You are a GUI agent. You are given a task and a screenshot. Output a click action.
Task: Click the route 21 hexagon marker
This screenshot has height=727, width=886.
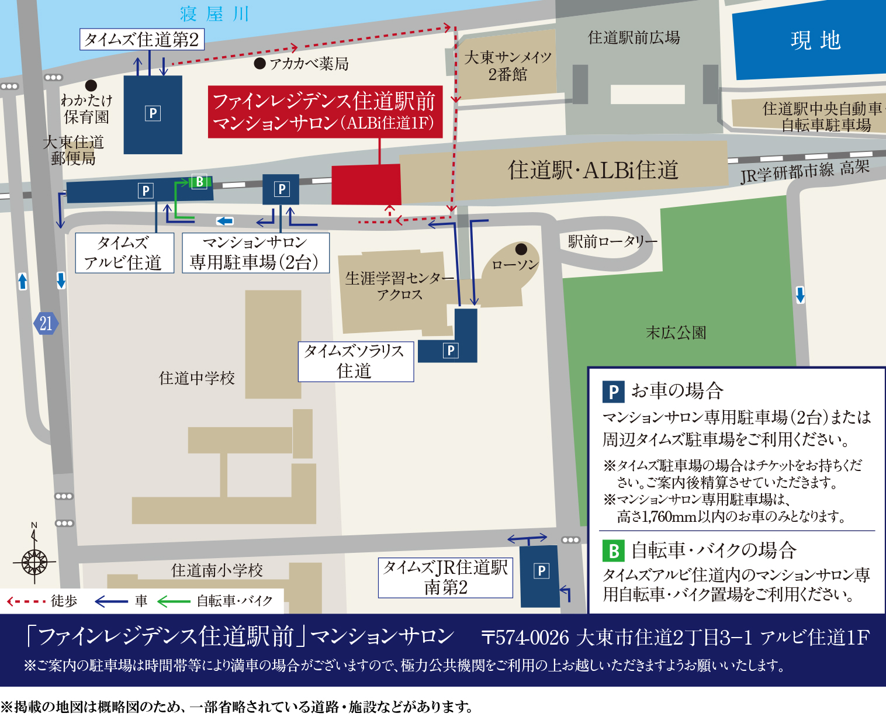point(46,323)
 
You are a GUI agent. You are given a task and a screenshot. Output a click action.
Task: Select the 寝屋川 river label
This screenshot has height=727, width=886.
point(214,14)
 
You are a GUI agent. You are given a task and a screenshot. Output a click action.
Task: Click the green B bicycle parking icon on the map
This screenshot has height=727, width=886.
point(199,182)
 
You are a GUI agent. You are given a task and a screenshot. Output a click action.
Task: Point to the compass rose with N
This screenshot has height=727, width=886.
point(34,562)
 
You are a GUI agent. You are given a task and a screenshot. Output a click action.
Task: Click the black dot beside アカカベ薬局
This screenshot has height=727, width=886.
point(260,63)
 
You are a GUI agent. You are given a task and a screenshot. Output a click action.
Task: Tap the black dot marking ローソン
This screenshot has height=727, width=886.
point(521,250)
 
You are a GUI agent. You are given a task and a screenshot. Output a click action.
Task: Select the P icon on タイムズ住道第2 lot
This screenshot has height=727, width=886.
point(153,113)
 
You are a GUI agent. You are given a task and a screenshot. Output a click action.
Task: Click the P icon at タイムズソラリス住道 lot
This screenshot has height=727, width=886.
point(451,351)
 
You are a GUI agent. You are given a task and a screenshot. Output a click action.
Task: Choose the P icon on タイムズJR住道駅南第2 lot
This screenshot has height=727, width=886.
point(542,571)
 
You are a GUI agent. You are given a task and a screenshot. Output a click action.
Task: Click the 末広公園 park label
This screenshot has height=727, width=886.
point(676,333)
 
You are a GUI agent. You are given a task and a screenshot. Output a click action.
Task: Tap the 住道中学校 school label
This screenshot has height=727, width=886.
point(197,378)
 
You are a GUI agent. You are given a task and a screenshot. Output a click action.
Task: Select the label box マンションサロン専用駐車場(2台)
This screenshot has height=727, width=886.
point(255,253)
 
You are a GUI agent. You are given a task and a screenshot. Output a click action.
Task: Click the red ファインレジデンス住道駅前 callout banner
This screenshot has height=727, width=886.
point(325,112)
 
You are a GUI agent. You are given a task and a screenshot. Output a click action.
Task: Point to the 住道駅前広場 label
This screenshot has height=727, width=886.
point(634,38)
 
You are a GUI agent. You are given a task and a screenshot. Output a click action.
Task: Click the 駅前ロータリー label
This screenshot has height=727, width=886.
point(612,241)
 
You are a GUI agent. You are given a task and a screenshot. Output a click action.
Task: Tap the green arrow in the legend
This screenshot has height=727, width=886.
point(174,601)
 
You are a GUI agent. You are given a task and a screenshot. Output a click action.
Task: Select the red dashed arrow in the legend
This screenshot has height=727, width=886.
point(26,601)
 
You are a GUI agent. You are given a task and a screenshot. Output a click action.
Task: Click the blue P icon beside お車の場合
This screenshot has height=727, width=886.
point(613,392)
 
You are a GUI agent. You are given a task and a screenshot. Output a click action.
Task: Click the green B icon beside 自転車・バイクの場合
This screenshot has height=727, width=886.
point(613,551)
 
